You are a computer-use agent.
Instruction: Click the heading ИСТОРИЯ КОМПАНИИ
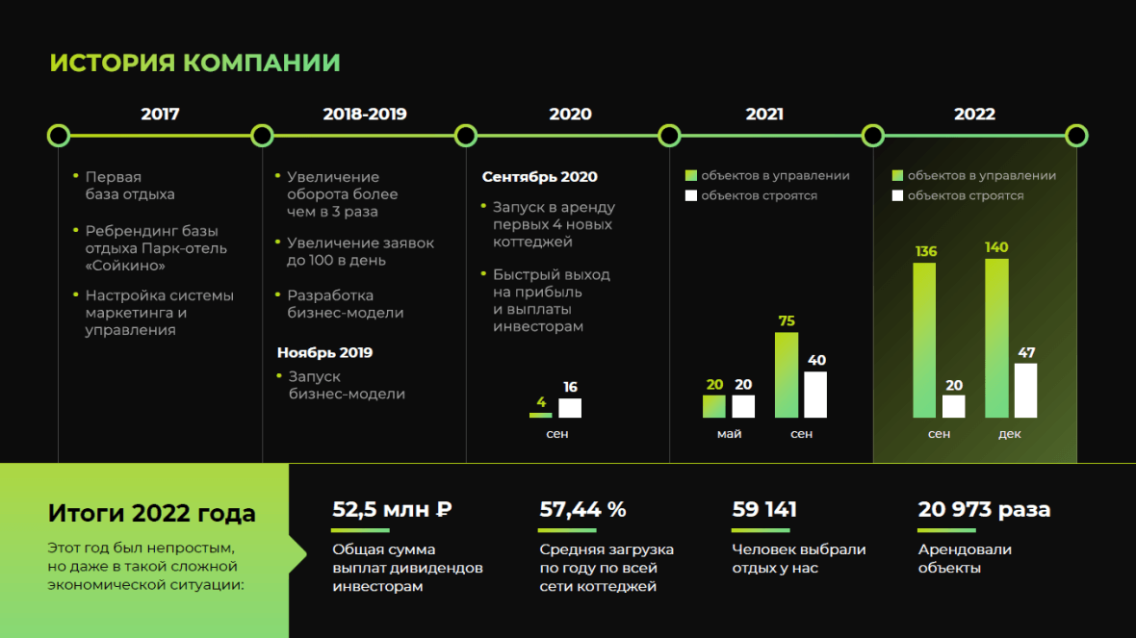194,63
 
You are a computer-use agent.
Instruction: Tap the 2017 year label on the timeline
160,114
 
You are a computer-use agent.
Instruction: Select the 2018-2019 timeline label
365,114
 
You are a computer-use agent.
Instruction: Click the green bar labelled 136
924,340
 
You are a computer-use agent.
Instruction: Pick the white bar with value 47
1025,391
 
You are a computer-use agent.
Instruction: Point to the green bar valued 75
787,375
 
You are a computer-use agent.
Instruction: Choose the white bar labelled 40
815,395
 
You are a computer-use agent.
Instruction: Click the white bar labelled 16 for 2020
570,408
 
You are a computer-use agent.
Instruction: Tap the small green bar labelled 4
540,415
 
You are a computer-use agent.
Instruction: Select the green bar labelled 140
997,338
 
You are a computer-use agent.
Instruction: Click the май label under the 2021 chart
729,434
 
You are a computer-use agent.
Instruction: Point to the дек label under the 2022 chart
1009,434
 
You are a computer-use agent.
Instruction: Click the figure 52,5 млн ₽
392,510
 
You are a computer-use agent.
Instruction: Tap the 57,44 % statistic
582,510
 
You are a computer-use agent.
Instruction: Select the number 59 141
764,510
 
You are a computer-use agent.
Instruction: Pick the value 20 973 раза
984,510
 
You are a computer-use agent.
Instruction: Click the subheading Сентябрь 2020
540,177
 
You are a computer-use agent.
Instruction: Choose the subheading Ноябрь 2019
324,352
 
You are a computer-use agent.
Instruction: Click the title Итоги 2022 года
151,513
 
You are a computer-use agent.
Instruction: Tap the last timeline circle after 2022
1076,136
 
